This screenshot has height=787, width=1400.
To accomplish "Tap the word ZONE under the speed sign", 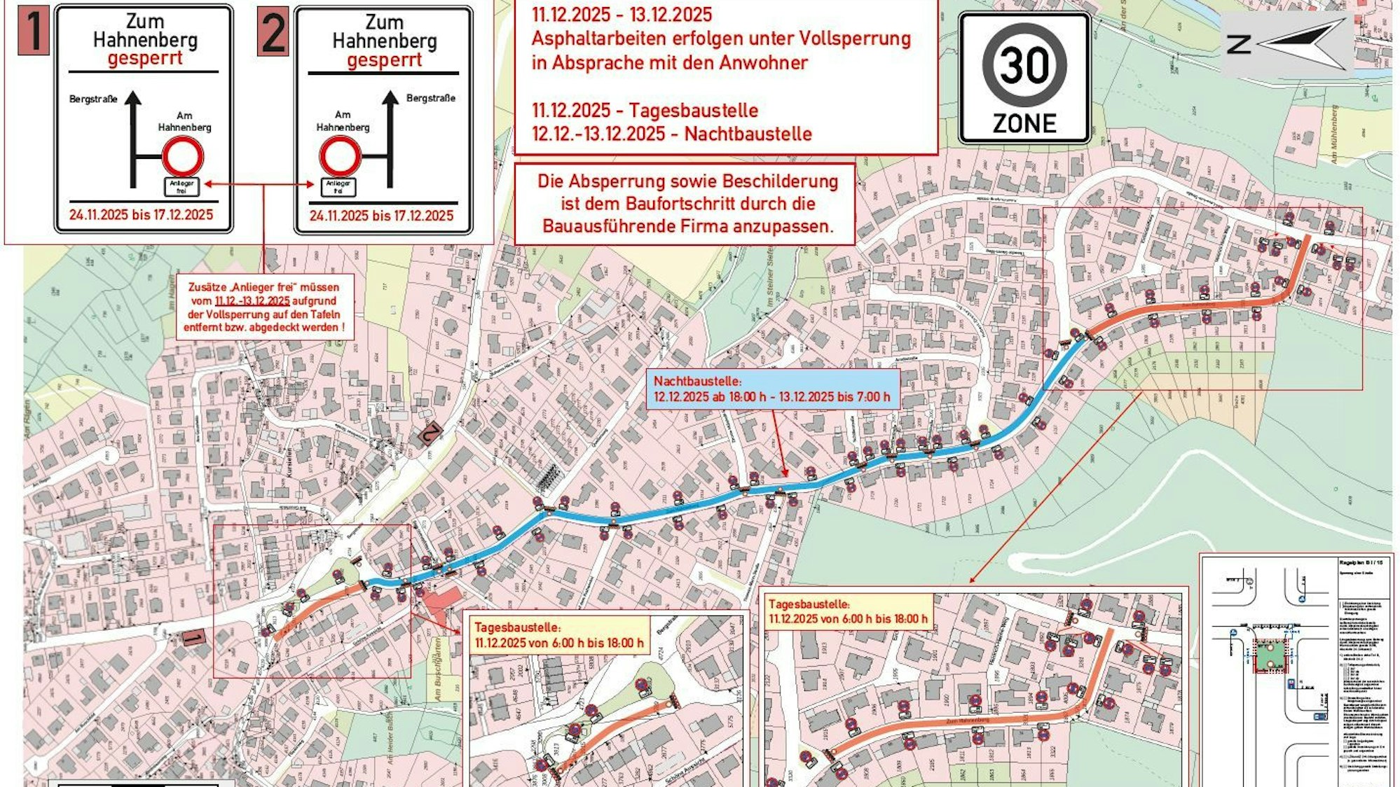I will (x=1024, y=124).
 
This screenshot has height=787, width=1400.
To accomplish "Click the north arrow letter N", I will (x=1239, y=44).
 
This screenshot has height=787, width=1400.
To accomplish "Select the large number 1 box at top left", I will (x=33, y=31).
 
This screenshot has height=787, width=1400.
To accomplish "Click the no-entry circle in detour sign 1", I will (x=183, y=156).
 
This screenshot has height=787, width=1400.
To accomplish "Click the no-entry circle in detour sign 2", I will (x=341, y=156).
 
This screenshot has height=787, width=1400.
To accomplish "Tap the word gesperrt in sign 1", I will (x=145, y=58).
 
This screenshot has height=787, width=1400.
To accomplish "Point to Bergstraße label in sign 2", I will (x=431, y=98).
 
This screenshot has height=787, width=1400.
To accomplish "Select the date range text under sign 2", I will (x=382, y=216).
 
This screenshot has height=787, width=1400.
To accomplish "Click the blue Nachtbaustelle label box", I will (x=772, y=389).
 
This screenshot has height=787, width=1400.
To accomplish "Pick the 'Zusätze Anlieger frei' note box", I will (x=264, y=307).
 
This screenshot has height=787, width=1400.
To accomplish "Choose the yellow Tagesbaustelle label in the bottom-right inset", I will (x=848, y=611).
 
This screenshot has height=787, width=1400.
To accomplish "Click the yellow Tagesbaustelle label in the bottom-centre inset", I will (x=558, y=635).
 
